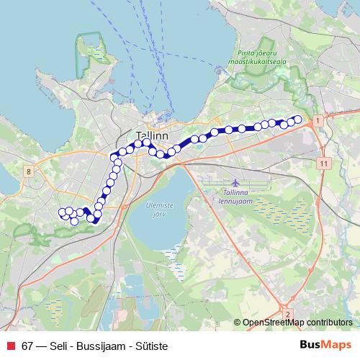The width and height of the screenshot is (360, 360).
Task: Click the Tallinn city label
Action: pyautogui.click(x=152, y=135)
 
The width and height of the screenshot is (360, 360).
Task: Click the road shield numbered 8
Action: pyautogui.click(x=27, y=171)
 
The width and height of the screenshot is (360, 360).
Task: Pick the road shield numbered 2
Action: pyautogui.click(x=287, y=314)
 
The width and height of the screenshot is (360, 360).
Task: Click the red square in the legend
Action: pyautogui.click(x=12, y=346)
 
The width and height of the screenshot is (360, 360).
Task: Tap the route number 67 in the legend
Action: pyautogui.click(x=28, y=346)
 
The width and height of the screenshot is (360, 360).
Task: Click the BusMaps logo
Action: pyautogui.click(x=326, y=345)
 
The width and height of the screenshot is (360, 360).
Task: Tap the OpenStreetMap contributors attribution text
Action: pyautogui.click(x=298, y=323)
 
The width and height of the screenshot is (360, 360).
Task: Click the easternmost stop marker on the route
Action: pyautogui.click(x=297, y=120)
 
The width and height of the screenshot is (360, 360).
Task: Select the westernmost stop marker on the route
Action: pyautogui.click(x=62, y=212)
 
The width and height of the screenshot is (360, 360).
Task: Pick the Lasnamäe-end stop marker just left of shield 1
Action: pyautogui.click(x=297, y=120)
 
